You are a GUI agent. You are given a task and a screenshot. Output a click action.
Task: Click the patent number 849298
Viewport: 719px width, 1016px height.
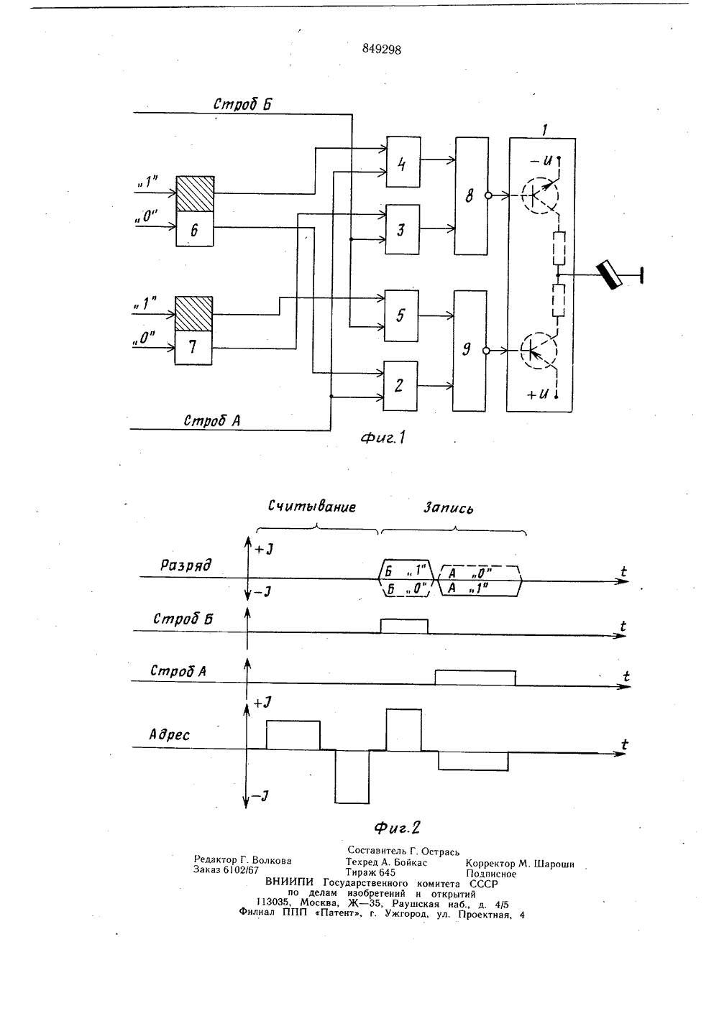(x=381, y=50)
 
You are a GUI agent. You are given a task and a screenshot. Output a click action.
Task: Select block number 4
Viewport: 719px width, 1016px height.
(x=403, y=162)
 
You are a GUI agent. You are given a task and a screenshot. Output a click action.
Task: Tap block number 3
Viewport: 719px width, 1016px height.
(x=402, y=229)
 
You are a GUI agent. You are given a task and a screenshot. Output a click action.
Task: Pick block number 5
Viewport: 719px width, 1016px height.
(x=401, y=315)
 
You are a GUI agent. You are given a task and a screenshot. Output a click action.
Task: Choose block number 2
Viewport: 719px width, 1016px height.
(x=400, y=386)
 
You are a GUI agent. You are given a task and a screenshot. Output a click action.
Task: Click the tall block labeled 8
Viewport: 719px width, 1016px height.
(x=472, y=196)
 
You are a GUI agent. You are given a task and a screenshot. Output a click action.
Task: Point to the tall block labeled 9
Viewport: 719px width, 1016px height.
(x=470, y=351)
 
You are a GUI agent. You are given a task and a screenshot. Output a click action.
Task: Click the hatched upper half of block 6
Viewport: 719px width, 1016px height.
(x=195, y=194)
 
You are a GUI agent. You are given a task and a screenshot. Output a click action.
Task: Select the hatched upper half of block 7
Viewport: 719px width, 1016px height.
(x=194, y=314)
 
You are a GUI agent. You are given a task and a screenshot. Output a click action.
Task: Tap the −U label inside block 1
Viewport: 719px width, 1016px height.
(x=541, y=160)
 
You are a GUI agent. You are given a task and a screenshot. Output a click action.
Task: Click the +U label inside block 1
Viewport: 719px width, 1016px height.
(x=537, y=394)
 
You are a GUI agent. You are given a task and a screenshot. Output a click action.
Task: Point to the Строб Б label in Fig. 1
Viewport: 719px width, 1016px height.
(x=243, y=104)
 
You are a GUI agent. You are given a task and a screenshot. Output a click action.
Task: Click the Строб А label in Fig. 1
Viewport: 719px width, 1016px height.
(x=212, y=420)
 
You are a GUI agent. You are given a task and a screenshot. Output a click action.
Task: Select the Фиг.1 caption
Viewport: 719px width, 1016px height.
(x=383, y=438)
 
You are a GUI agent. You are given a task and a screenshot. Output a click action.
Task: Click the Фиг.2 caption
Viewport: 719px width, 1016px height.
(x=397, y=828)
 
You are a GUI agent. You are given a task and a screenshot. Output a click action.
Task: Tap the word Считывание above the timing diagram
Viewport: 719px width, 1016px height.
(x=312, y=506)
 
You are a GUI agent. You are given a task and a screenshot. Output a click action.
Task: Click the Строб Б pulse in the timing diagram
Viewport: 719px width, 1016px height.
(x=404, y=626)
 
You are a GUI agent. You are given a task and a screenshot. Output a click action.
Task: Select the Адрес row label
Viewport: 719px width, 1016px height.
(x=169, y=735)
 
